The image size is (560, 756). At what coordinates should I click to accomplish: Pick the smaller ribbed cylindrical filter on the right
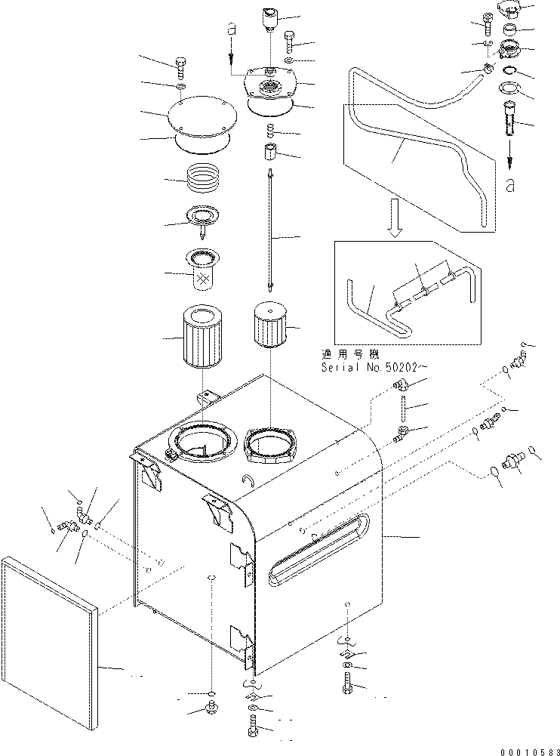click(x=270, y=329)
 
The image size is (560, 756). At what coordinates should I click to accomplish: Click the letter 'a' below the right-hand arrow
click(x=511, y=184)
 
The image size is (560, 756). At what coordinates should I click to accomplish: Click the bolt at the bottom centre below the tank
click(x=251, y=729)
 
